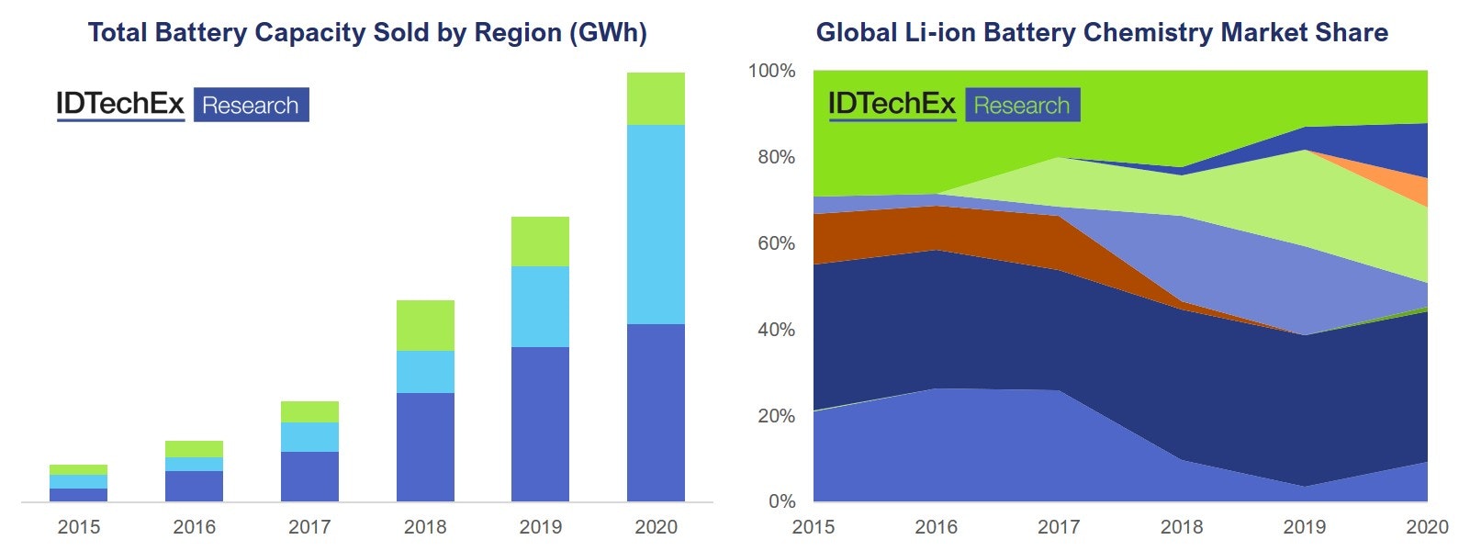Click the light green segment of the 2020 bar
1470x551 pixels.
tap(656, 98)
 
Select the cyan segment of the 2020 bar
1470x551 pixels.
tap(656, 224)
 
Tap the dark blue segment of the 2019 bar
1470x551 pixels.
tap(540, 423)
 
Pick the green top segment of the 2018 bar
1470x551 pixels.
tap(425, 325)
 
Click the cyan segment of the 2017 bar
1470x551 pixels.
tap(309, 437)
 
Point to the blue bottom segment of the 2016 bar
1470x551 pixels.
tap(194, 486)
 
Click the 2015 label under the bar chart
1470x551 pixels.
tap(79, 527)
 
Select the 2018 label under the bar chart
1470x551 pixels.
tap(425, 527)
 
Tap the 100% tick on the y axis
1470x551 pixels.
tap(771, 71)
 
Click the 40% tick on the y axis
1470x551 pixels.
tap(776, 330)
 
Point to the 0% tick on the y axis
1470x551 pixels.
tap(781, 501)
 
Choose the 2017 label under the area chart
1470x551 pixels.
tap(1059, 527)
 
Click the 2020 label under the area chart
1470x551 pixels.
tap(1427, 527)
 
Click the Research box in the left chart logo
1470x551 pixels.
tap(251, 105)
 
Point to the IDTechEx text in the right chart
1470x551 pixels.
tap(892, 104)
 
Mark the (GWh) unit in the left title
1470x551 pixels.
tap(608, 33)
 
